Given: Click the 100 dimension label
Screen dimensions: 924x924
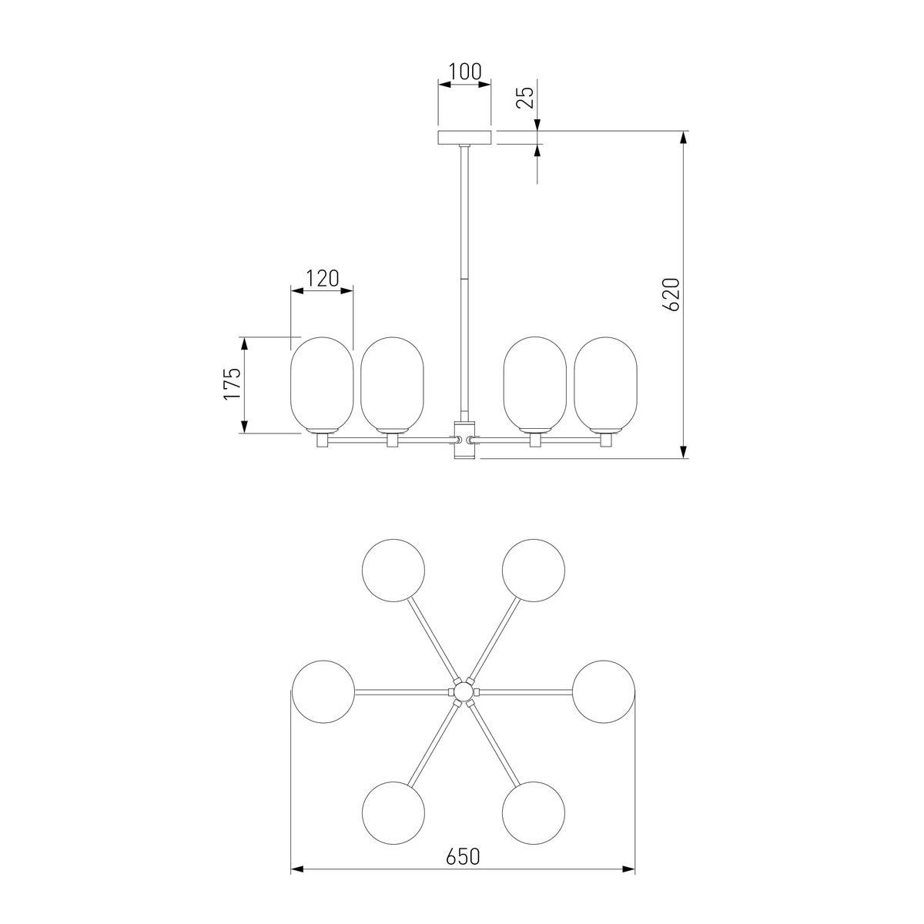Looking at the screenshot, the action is coord(464,72).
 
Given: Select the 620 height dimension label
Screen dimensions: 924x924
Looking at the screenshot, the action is coord(672,294).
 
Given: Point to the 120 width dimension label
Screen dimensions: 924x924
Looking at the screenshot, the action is coord(322,278).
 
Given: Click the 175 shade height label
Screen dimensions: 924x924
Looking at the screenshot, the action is coord(231,383).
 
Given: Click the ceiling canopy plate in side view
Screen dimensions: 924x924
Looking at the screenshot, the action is coord(464,137).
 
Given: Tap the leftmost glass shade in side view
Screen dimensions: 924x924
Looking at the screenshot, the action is coord(322,384).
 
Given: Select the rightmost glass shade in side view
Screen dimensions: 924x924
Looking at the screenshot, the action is coord(606,384).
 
